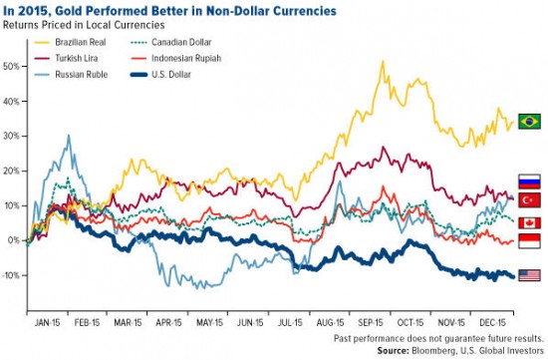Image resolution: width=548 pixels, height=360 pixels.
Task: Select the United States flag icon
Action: pyautogui.click(x=529, y=275)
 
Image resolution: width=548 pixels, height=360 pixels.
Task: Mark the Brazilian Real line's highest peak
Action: pyautogui.click(x=383, y=62)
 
